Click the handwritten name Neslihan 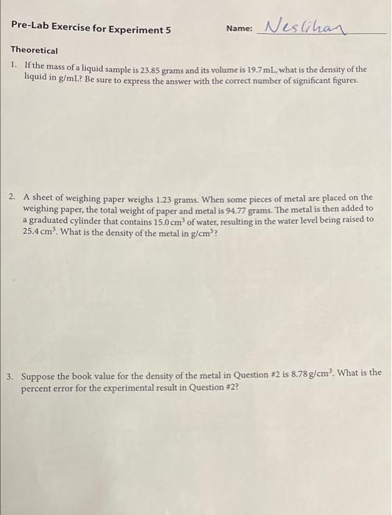(303, 27)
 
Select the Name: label (239, 29)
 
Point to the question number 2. (13, 198)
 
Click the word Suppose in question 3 (41, 374)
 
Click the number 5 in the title (168, 30)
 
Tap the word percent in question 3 (38, 385)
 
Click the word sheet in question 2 (45, 198)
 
